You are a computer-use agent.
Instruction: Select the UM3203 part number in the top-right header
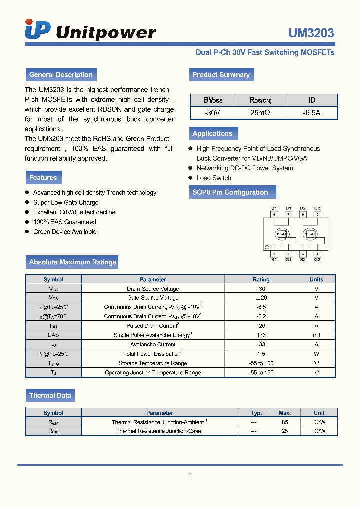click(x=311, y=33)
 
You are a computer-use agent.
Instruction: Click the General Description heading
click(x=61, y=75)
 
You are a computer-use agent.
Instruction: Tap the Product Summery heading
click(x=221, y=75)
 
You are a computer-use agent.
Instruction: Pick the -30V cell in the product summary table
click(x=212, y=113)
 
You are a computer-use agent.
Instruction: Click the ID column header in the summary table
click(x=311, y=100)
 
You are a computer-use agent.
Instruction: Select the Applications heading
click(x=212, y=133)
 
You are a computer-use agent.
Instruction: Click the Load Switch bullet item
click(x=214, y=178)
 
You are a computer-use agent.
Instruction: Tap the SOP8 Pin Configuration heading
click(x=230, y=192)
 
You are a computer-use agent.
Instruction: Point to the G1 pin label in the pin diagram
click(x=288, y=260)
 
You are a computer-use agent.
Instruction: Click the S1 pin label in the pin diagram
click(x=274, y=260)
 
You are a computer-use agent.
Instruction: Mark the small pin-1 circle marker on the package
click(x=267, y=247)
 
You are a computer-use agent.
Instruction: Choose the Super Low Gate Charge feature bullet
click(x=66, y=202)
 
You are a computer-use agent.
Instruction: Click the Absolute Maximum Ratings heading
click(x=72, y=262)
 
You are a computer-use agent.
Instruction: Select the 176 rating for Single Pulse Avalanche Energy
click(x=261, y=335)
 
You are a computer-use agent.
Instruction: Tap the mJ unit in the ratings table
click(x=316, y=335)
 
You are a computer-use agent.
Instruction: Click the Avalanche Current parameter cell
click(x=153, y=344)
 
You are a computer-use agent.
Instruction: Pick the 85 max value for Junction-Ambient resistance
click(x=285, y=422)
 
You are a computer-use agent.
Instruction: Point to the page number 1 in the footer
click(x=190, y=475)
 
